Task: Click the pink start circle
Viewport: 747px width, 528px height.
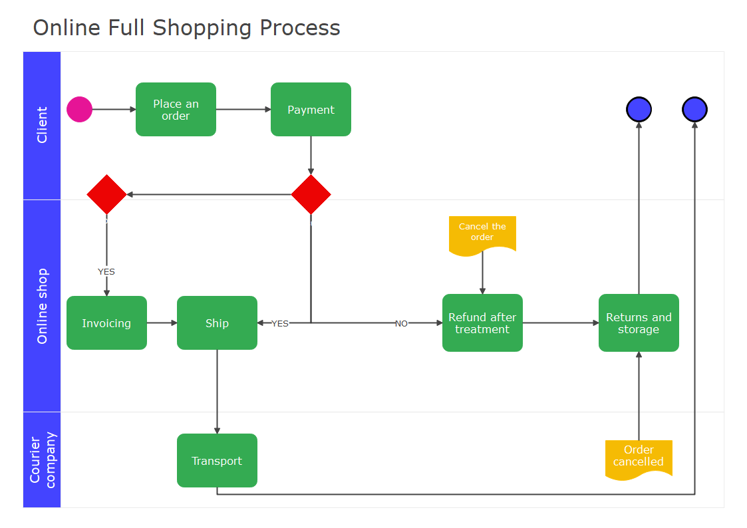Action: pyautogui.click(x=79, y=110)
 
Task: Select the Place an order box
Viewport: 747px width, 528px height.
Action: pyautogui.click(x=176, y=110)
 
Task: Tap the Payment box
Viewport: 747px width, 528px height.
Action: pyautogui.click(x=311, y=110)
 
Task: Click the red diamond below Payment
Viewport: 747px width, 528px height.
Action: pyautogui.click(x=311, y=195)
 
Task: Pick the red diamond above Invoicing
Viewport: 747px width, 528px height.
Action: pyautogui.click(x=106, y=195)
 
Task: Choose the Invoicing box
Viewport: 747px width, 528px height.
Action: pyautogui.click(x=106, y=323)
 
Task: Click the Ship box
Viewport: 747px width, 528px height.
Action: pyautogui.click(x=217, y=323)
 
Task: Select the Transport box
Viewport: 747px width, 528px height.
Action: pyautogui.click(x=217, y=461)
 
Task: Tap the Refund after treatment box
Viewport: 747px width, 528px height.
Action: pyautogui.click(x=482, y=323)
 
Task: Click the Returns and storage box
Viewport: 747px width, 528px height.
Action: pyautogui.click(x=639, y=323)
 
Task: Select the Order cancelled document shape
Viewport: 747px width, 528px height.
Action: pyautogui.click(x=639, y=458)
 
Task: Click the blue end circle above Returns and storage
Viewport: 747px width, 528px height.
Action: pyautogui.click(x=639, y=110)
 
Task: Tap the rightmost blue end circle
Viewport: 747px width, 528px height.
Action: pyautogui.click(x=694, y=110)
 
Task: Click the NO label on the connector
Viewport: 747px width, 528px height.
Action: pyautogui.click(x=401, y=324)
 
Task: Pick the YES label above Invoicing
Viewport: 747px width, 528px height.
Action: pyautogui.click(x=106, y=272)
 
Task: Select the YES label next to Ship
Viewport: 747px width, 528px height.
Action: pyautogui.click(x=280, y=324)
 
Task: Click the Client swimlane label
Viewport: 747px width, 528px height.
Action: pyautogui.click(x=42, y=125)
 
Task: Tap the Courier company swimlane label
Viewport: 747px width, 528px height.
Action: pyautogui.click(x=42, y=460)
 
